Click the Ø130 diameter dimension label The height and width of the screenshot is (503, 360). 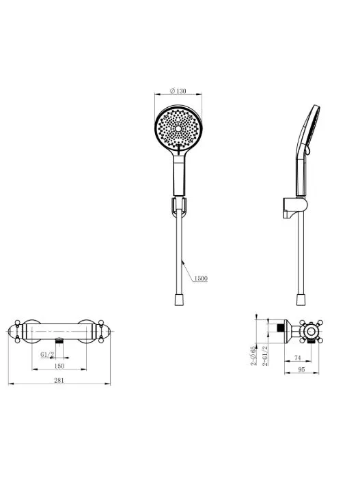coord(178,91)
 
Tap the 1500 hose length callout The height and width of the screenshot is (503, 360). coord(200,278)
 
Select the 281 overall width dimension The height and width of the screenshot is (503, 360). coord(59,380)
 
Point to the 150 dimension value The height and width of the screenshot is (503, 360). coord(59,366)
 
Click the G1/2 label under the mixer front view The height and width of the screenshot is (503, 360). coord(47,354)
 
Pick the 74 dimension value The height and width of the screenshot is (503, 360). coord(297,358)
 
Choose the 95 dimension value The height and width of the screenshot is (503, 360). coord(301,369)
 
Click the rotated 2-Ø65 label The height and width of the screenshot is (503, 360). coord(253,356)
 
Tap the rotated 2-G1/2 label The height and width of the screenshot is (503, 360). coord(265,356)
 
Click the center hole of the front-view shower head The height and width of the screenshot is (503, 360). coord(178,128)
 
